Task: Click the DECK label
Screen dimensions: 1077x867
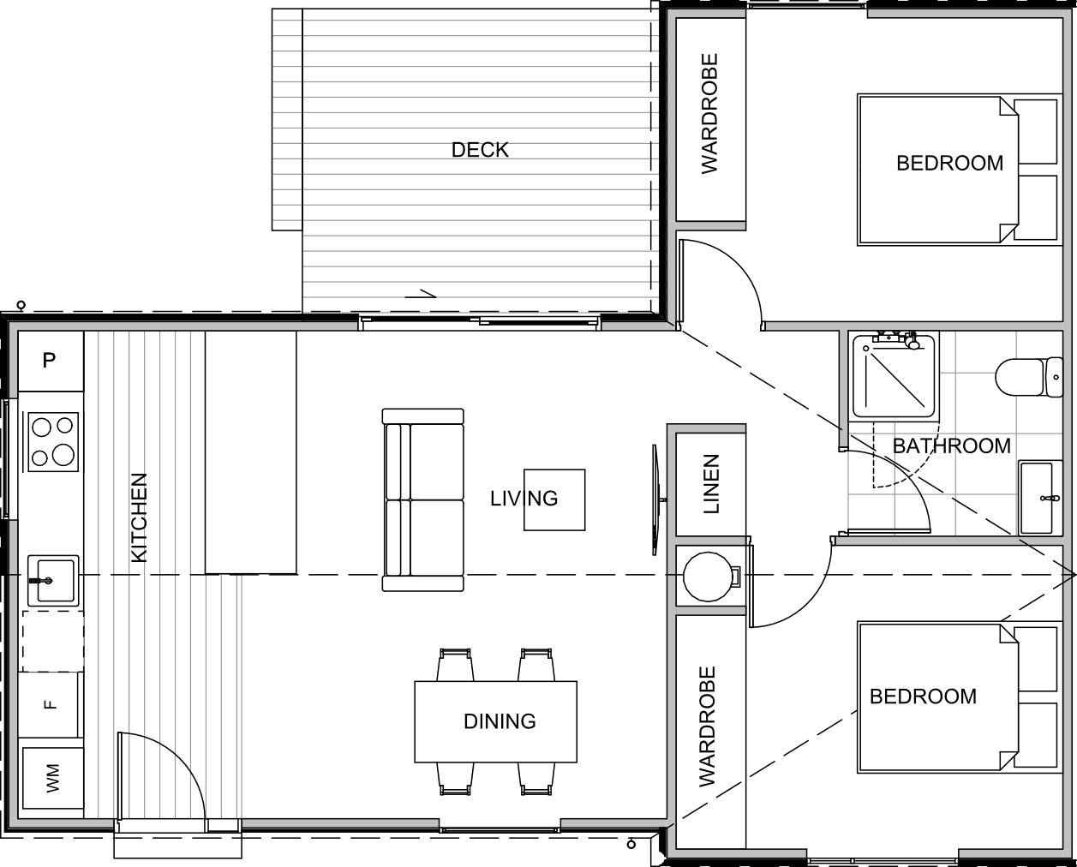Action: coord(480,150)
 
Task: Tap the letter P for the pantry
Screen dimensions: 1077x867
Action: coord(49,361)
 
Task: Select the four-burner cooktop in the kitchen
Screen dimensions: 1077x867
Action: coord(53,441)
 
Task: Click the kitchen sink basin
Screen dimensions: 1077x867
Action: coord(53,580)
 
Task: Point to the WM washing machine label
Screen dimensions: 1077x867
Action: coord(52,779)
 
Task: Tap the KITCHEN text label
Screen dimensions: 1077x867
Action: coord(139,517)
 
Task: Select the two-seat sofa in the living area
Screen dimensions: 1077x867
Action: coord(423,499)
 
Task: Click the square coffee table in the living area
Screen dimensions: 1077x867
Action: coord(554,499)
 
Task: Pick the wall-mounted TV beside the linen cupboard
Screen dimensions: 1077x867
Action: coord(656,499)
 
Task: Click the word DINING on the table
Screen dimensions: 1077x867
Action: coord(500,721)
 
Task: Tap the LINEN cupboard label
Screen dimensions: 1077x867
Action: coord(711,483)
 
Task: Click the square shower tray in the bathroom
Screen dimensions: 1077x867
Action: coord(894,376)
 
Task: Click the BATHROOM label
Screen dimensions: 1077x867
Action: coord(951,446)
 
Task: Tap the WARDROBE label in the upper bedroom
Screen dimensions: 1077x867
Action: coord(709,114)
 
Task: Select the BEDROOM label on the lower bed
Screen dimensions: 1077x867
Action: coord(923,697)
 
